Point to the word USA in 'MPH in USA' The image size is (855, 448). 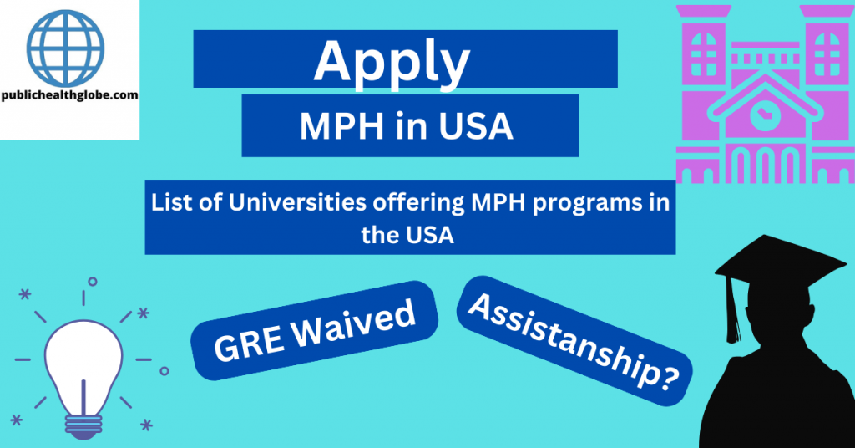479,126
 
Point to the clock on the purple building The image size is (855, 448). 761,115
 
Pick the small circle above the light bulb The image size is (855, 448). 92,281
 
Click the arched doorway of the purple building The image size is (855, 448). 761,167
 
